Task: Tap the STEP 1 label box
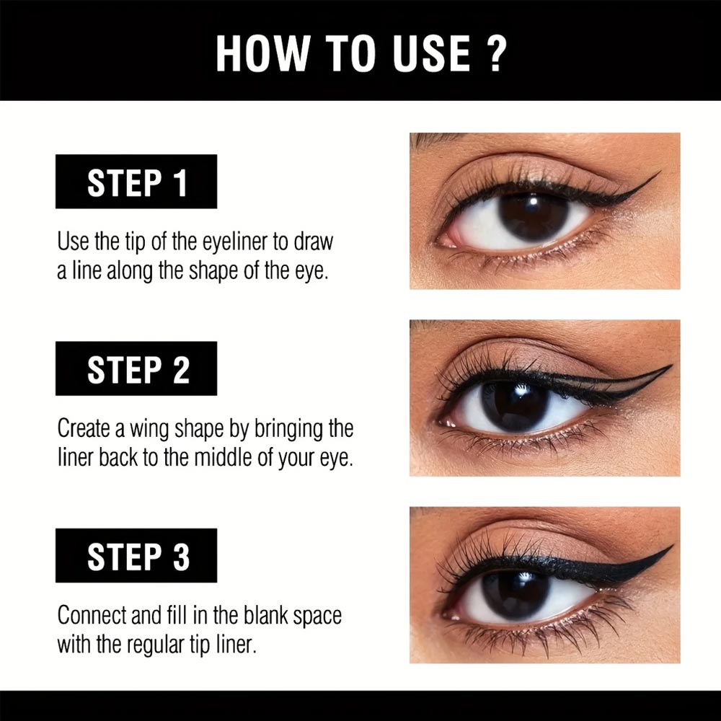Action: [136, 182]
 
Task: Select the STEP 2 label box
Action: [136, 368]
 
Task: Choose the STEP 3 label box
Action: [136, 555]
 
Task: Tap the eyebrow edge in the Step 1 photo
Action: [433, 139]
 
